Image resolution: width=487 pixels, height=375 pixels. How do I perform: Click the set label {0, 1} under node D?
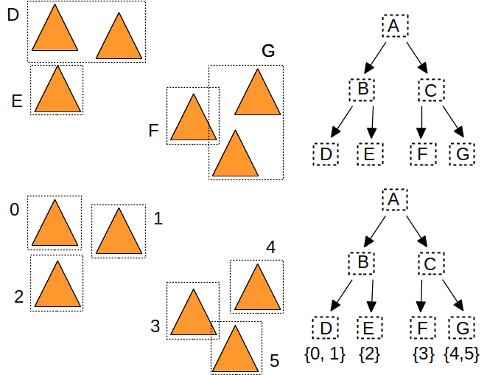[x=324, y=356]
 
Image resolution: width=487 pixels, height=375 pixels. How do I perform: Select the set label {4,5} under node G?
[x=463, y=356]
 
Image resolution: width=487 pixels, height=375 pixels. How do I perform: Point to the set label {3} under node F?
[x=423, y=356]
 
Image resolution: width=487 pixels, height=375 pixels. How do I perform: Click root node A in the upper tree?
[x=394, y=27]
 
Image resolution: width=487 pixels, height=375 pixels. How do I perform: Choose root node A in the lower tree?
[x=394, y=199]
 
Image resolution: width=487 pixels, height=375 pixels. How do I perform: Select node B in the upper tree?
[x=362, y=91]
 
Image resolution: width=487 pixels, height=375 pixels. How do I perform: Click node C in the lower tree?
[x=431, y=263]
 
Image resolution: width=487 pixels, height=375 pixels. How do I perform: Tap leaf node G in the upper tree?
[x=462, y=154]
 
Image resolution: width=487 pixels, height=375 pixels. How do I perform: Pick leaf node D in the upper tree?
[x=325, y=154]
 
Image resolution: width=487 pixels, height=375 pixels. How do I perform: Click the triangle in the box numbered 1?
[x=119, y=234]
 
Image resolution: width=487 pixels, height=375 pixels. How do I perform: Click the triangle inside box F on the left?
[x=193, y=120]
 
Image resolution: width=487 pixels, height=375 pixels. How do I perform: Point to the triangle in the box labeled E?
[x=57, y=92]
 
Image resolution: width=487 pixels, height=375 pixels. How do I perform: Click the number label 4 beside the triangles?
[x=270, y=247]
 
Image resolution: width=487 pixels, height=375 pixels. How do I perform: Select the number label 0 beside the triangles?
[x=14, y=210]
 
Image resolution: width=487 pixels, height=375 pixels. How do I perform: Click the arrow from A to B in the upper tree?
[x=378, y=57]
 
